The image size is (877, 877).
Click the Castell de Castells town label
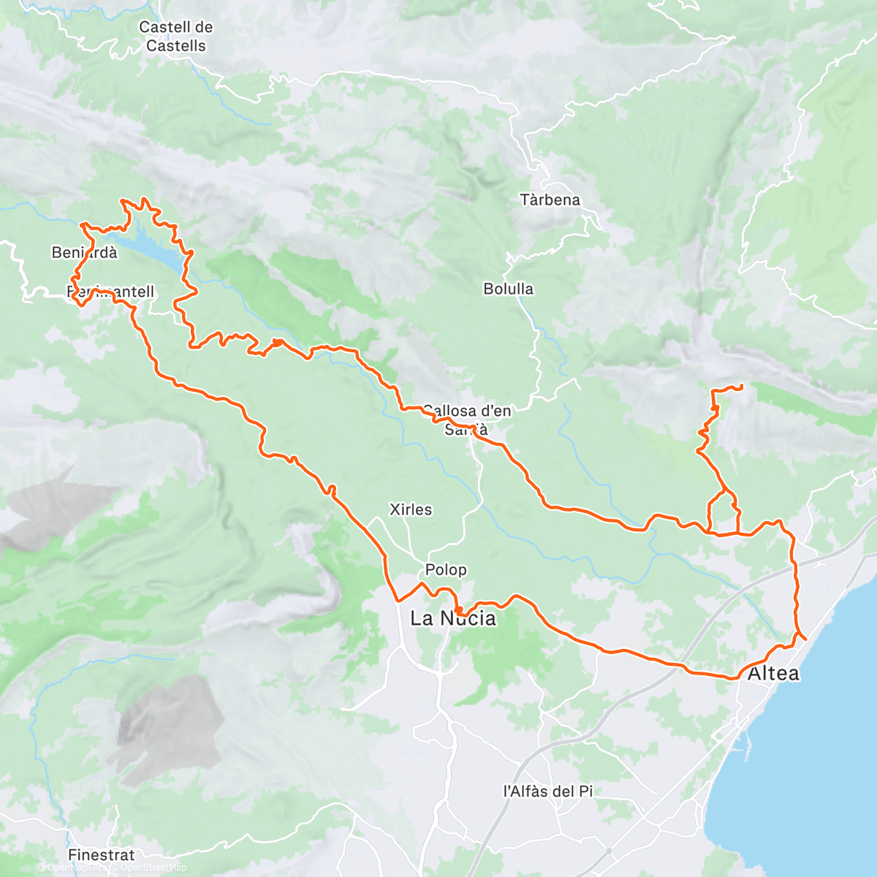click(x=175, y=37)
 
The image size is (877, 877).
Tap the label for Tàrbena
click(x=550, y=200)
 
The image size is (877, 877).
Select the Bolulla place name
click(x=508, y=289)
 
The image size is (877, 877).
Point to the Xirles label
click(x=411, y=509)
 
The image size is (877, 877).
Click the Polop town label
click(x=446, y=569)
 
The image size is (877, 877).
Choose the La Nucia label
click(x=453, y=619)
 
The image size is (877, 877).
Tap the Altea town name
click(x=773, y=673)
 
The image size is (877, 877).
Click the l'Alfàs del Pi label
click(x=548, y=791)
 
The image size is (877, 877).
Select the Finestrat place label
click(x=101, y=854)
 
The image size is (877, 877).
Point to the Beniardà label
click(x=84, y=253)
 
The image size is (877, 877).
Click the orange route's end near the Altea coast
click(x=805, y=638)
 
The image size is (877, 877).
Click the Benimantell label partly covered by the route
click(x=111, y=292)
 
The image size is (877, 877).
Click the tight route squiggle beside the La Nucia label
click(x=458, y=608)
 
